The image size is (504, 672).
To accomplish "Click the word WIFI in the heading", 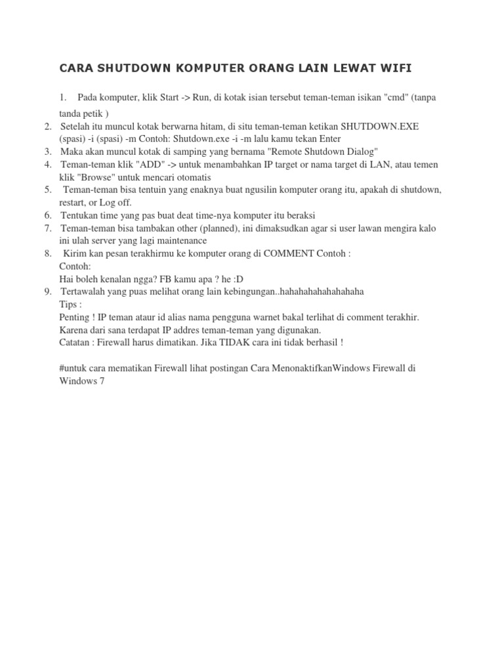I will point(396,68).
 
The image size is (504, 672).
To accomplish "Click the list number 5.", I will point(48,190).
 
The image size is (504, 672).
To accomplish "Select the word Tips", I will point(69,304).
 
